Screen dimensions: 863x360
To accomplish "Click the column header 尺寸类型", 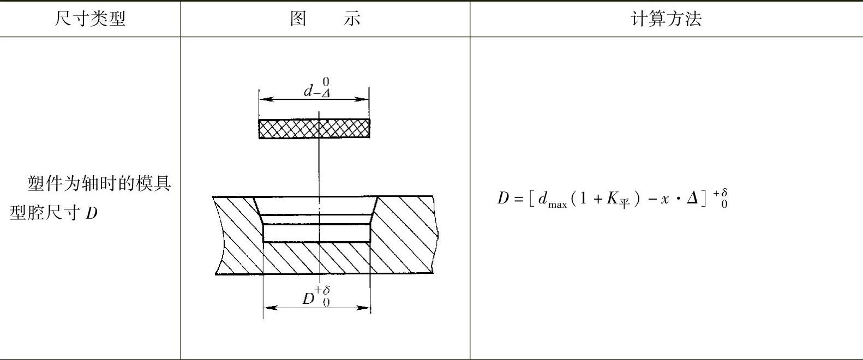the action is (x=90, y=19).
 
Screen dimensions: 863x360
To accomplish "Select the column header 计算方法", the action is (x=666, y=19).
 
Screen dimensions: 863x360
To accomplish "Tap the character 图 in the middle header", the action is (x=298, y=19).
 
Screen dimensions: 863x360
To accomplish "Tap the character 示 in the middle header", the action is (x=352, y=19).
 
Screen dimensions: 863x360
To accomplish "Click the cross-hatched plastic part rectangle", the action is (x=314, y=129).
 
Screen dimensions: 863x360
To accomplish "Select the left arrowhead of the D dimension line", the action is (x=267, y=308).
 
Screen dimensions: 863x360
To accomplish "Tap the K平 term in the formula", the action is (x=618, y=200).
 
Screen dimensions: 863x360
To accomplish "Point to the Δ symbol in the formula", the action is (x=692, y=199).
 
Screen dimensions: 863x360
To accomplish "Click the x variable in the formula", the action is (x=665, y=200).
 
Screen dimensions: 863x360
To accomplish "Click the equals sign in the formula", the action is (x=518, y=199).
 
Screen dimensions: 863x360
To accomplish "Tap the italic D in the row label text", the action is (x=91, y=212).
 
